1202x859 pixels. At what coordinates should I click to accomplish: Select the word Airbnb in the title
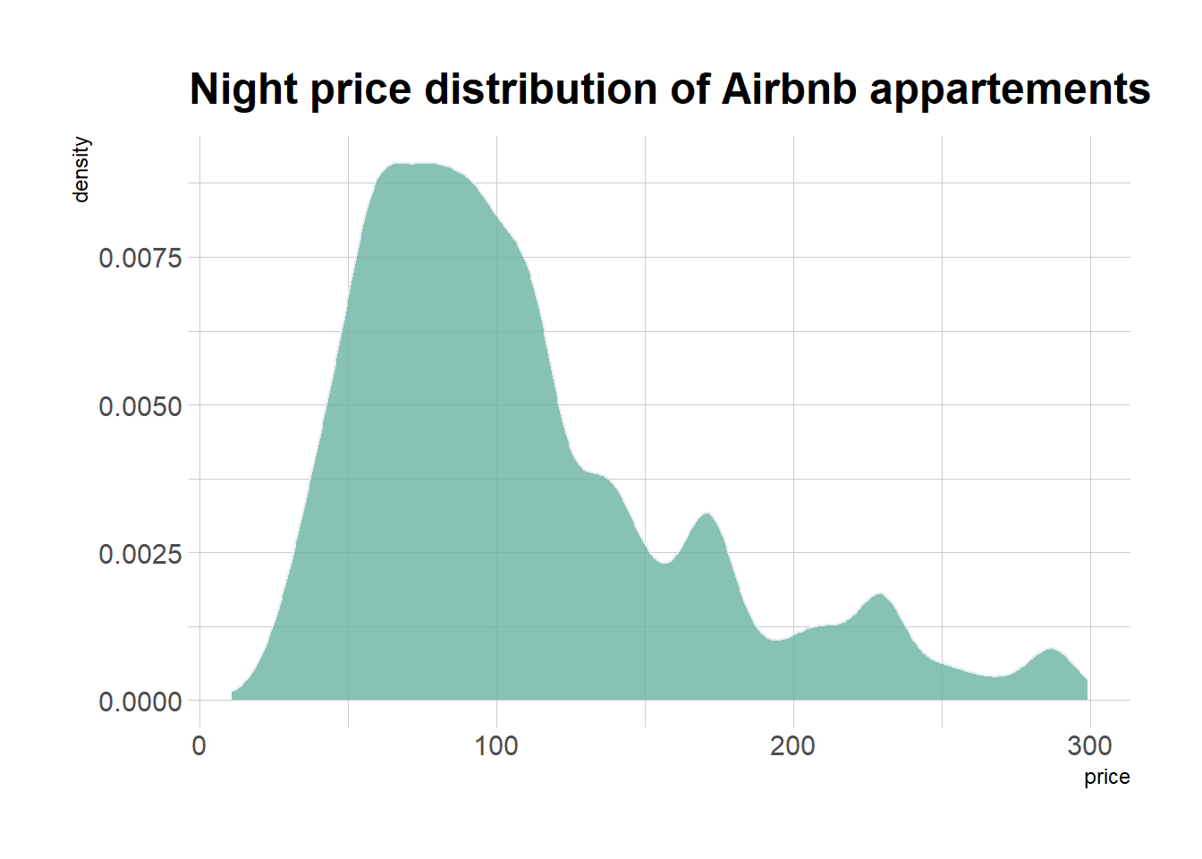pyautogui.click(x=789, y=89)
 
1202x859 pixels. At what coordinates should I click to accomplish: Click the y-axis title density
pyautogui.click(x=81, y=169)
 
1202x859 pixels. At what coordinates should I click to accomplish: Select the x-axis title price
pyautogui.click(x=1106, y=777)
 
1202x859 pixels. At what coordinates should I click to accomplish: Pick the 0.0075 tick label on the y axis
pyautogui.click(x=140, y=258)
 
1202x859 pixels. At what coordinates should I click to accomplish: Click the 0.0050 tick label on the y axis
pyautogui.click(x=140, y=406)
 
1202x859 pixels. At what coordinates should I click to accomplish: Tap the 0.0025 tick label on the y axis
pyautogui.click(x=140, y=554)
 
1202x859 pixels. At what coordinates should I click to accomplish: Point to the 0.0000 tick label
pyautogui.click(x=140, y=702)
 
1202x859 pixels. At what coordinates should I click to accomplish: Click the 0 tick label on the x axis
pyautogui.click(x=199, y=745)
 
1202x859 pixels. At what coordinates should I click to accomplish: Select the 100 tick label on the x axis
pyautogui.click(x=496, y=745)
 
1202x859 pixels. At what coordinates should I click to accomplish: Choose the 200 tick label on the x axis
pyautogui.click(x=792, y=745)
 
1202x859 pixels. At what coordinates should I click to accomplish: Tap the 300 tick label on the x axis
pyautogui.click(x=1089, y=745)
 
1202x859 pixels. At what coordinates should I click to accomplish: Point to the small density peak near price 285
pyautogui.click(x=1051, y=649)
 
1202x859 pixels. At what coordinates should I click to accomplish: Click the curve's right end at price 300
pyautogui.click(x=1087, y=681)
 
